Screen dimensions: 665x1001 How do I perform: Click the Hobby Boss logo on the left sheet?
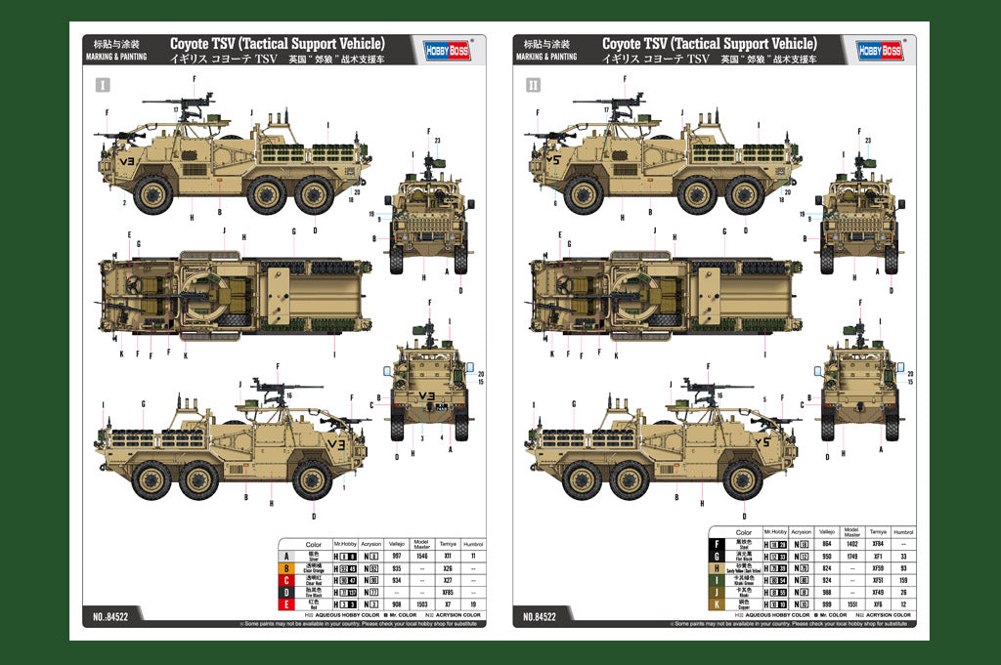point(444,50)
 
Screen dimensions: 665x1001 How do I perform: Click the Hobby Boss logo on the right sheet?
point(879,50)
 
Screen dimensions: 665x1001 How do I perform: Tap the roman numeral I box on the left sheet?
point(102,85)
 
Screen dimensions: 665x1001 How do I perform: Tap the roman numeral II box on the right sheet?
point(533,85)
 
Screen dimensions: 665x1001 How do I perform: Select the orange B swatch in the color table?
point(287,567)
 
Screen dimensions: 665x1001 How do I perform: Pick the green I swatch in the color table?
point(719,579)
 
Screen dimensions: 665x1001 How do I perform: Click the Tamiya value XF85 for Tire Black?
point(447,592)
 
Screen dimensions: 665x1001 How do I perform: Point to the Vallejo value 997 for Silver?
point(396,556)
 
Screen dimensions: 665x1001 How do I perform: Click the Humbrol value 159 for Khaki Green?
point(904,579)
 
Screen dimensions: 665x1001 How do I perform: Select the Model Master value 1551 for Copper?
point(851,603)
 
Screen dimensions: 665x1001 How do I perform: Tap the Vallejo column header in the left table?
point(396,544)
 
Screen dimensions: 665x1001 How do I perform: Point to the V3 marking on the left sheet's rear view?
point(426,395)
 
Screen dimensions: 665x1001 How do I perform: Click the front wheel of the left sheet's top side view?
point(152,194)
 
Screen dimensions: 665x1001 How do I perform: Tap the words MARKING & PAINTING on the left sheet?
point(116,57)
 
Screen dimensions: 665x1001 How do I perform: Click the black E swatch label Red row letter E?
point(287,603)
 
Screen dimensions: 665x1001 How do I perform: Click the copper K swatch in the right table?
point(719,603)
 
